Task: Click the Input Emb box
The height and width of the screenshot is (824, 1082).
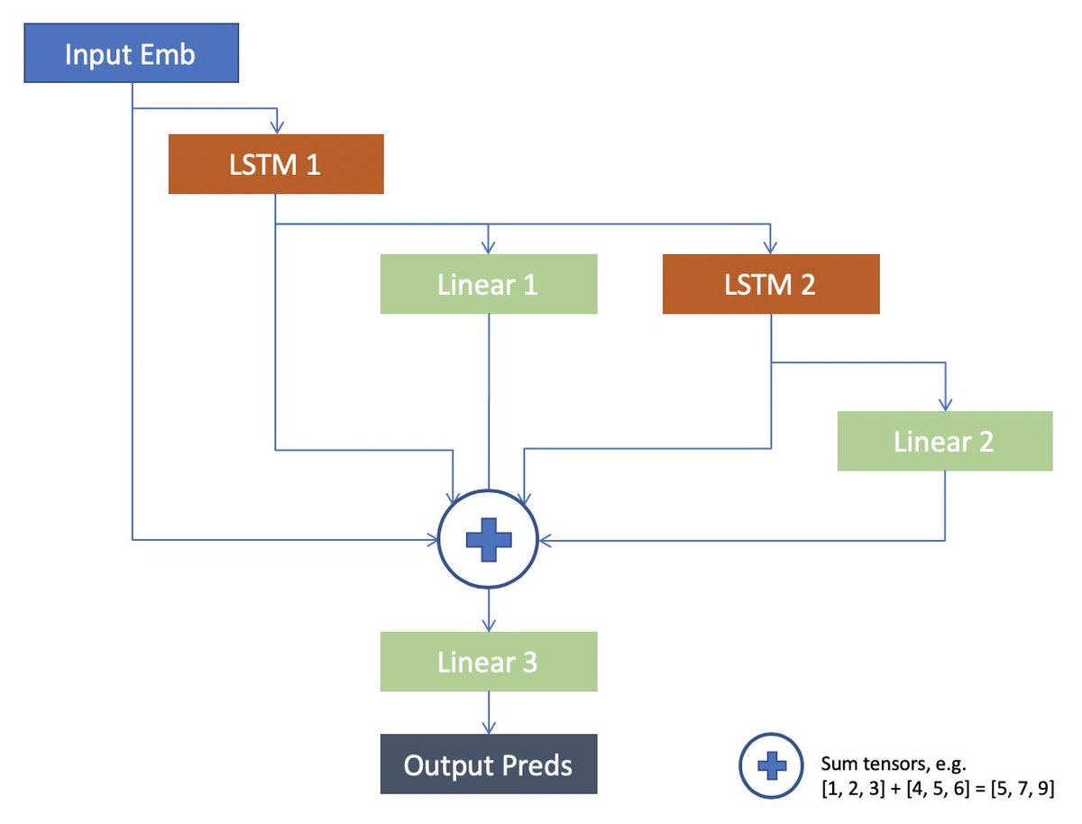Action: point(131,55)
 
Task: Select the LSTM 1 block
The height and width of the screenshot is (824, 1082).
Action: point(276,164)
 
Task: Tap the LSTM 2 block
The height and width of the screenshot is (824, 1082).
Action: point(770,284)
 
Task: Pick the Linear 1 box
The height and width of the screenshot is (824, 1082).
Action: point(488,284)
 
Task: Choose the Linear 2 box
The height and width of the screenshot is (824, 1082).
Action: point(944,441)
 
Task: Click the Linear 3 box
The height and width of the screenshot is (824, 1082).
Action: point(488,662)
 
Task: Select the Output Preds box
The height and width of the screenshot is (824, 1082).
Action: point(488,765)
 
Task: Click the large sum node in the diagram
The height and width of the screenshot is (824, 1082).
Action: point(488,539)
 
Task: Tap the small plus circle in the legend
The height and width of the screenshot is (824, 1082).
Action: point(770,765)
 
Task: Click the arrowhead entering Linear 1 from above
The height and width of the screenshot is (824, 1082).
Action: point(488,248)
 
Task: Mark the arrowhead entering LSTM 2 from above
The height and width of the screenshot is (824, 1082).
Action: point(770,248)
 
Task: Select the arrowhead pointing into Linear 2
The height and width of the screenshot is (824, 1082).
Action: point(944,405)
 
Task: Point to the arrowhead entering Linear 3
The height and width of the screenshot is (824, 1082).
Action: point(488,626)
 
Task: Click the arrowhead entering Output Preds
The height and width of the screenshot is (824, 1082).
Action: point(488,728)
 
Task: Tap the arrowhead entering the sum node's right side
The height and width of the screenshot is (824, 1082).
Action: point(544,540)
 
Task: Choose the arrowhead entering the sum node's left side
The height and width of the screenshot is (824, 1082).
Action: point(432,540)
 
